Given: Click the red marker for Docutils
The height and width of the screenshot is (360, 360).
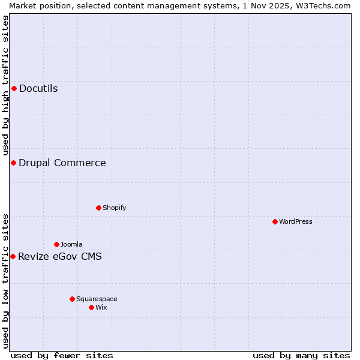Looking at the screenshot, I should click(x=14, y=89).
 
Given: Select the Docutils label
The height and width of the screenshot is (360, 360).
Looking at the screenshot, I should click(x=38, y=89).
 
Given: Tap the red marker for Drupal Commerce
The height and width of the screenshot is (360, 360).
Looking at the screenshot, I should click(x=13, y=163).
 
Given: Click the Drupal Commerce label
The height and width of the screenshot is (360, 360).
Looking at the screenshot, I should click(x=62, y=163).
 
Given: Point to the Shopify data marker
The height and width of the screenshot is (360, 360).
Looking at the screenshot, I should click(x=98, y=208).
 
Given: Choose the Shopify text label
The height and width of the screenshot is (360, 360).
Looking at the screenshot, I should click(x=114, y=208).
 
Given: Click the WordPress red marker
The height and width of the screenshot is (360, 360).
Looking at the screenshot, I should click(x=275, y=221).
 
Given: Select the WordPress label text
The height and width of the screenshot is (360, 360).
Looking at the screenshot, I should click(x=295, y=221).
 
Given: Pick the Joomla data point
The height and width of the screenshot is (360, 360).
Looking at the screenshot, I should click(x=56, y=244).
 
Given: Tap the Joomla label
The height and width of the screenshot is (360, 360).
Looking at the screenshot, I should click(x=71, y=244).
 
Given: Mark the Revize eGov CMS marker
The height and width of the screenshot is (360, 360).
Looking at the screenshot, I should click(x=13, y=257).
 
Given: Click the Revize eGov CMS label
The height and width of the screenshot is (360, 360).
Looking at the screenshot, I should click(x=60, y=257).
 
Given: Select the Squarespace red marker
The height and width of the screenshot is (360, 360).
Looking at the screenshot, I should click(x=72, y=299).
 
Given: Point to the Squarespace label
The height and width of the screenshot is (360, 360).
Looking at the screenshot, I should click(x=97, y=299).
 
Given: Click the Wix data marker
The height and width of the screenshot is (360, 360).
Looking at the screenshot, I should click(x=91, y=307).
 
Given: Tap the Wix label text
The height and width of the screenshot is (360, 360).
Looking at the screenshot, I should click(x=101, y=307).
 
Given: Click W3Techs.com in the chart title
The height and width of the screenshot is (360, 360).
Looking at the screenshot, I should click(x=325, y=5).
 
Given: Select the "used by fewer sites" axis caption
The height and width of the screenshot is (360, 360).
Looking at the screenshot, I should click(x=62, y=355).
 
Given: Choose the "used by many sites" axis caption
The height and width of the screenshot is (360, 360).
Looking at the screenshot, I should click(x=301, y=355).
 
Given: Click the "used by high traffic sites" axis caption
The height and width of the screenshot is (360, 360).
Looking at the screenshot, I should click(x=5, y=86).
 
